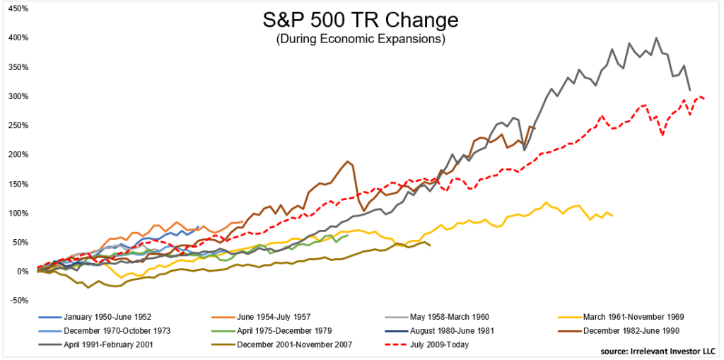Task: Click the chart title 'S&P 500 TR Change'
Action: tap(362, 19)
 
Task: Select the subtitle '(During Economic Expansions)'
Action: tap(362, 39)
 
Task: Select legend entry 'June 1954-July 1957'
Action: tap(272, 317)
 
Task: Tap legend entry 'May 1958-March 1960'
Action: tap(445, 317)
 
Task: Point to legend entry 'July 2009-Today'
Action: tap(439, 345)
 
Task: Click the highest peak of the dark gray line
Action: tap(657, 38)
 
